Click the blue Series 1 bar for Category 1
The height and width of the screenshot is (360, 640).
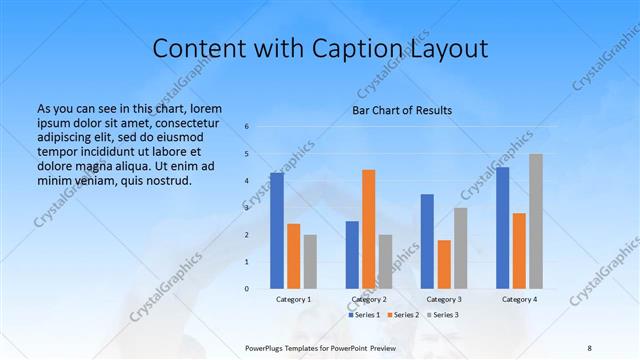(277, 231)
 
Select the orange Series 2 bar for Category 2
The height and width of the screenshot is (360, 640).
(369, 229)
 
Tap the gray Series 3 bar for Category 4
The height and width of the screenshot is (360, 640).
(536, 221)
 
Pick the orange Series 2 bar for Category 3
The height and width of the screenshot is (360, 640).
(444, 264)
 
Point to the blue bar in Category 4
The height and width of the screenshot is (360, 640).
(503, 228)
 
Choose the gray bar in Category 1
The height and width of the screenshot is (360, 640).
(310, 262)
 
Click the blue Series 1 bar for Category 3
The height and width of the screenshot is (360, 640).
(427, 241)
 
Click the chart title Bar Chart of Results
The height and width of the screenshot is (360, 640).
(402, 110)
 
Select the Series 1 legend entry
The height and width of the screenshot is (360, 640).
(363, 315)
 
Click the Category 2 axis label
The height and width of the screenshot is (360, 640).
(370, 299)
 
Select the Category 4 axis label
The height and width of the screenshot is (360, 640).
(519, 299)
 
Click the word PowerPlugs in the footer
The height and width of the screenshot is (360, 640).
(268, 346)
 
